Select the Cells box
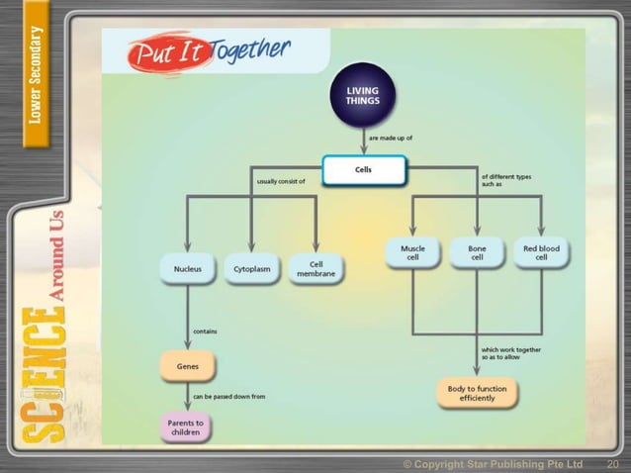(x=363, y=170)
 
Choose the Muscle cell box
(x=412, y=253)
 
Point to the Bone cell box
(x=476, y=253)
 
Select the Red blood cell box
(x=541, y=253)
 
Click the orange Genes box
(x=187, y=365)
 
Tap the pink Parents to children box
(x=187, y=427)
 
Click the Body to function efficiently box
(x=477, y=393)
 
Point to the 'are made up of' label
(x=391, y=140)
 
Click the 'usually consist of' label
(x=281, y=181)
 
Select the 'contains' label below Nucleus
(x=205, y=332)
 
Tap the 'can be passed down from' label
(x=227, y=397)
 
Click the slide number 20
(x=612, y=463)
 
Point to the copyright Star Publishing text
(x=493, y=463)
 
